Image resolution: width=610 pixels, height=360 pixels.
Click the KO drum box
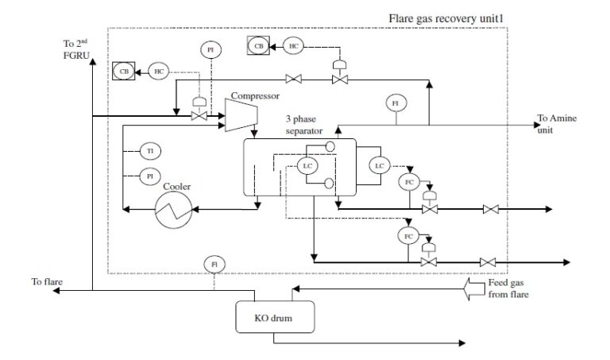click(273, 319)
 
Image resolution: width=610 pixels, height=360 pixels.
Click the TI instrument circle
click(149, 150)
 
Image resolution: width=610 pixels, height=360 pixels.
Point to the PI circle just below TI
click(149, 175)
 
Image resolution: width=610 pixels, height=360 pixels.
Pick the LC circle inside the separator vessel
click(307, 166)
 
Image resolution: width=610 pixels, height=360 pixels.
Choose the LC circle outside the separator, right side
click(379, 165)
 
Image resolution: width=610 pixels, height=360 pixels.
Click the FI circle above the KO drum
click(213, 263)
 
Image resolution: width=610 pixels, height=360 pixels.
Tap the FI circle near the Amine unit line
click(394, 103)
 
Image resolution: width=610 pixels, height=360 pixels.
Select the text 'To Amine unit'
click(556, 124)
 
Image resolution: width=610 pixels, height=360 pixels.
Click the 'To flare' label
click(47, 281)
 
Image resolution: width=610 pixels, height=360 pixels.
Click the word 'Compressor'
click(254, 96)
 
